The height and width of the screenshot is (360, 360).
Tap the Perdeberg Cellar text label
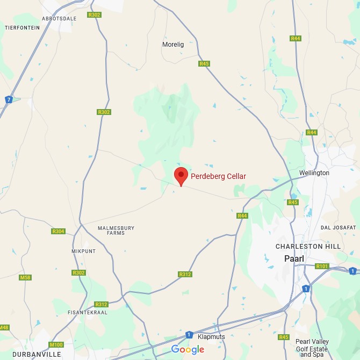point(218,176)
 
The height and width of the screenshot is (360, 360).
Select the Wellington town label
point(314,173)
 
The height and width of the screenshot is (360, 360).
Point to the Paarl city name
point(294,258)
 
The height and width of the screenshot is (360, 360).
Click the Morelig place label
point(173,45)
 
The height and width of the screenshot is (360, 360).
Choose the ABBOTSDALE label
point(59,18)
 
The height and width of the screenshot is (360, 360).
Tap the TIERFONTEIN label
point(22,27)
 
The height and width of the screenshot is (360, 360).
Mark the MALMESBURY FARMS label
point(116,231)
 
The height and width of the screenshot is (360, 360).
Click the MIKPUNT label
point(83,251)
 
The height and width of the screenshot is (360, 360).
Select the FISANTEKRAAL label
point(88,312)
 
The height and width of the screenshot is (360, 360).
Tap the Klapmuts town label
point(211,337)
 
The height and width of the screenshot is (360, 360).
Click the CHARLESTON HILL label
point(307,247)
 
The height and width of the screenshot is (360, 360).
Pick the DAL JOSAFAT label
point(339,228)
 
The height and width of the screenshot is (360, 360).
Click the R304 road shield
point(58,232)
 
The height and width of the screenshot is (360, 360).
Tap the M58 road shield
point(25,277)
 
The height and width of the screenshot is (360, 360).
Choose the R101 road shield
point(322,267)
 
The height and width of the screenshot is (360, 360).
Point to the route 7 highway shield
point(9,99)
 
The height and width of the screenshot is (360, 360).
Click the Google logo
point(188,350)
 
